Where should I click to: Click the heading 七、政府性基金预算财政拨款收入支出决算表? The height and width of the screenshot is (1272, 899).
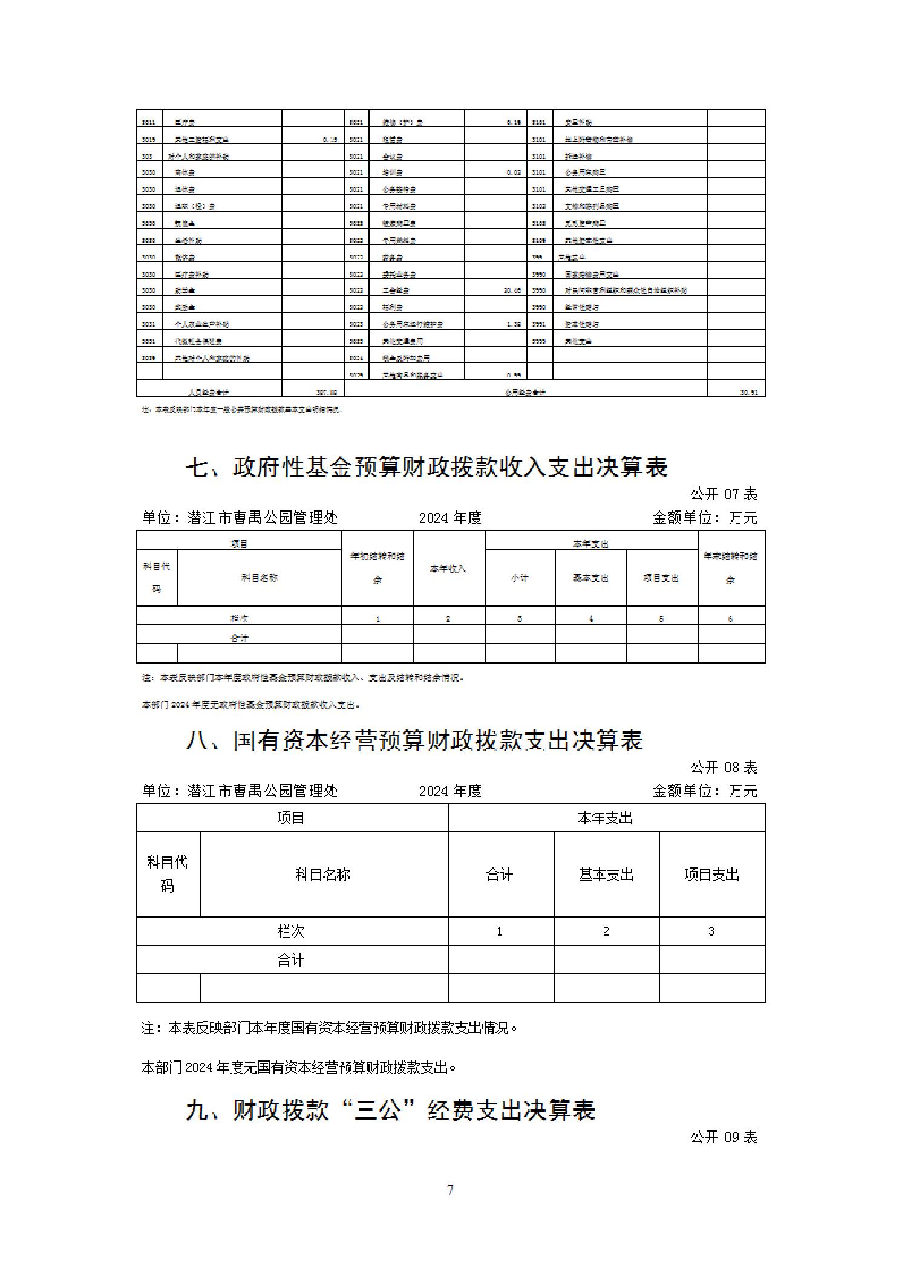427,468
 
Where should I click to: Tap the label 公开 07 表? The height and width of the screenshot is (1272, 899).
724,494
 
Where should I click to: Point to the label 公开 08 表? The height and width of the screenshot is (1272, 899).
724,768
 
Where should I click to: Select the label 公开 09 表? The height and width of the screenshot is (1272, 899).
724,1137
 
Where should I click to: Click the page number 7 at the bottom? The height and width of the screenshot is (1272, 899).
450,1190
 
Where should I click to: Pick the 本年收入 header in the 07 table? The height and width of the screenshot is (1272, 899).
448,569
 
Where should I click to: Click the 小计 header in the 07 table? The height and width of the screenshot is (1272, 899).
520,578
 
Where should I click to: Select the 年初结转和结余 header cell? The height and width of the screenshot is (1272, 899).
378,568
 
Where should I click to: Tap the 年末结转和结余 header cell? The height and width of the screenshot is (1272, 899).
731,568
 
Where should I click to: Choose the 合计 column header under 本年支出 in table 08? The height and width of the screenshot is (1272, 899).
500,875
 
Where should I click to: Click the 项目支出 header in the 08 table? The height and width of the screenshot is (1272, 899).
711,875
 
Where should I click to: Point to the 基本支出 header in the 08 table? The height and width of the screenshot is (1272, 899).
606,875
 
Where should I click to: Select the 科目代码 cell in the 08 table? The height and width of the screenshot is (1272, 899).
168,874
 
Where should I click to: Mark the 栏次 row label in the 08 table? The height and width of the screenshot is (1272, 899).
292,931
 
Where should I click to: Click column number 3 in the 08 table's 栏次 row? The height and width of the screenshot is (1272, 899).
711,931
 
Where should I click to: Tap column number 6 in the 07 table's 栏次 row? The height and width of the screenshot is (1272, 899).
731,619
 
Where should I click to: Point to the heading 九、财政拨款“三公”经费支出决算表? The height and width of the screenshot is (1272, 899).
391,1111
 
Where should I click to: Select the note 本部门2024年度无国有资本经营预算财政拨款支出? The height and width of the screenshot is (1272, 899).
298,1068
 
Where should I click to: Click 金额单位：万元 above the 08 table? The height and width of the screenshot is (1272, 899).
705,791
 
